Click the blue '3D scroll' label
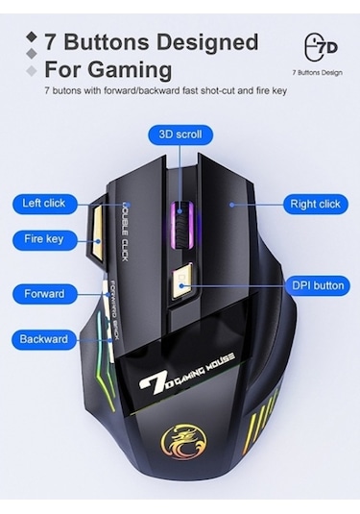[x=180, y=135]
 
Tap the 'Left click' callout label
[x=44, y=204]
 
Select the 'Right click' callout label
[x=316, y=204]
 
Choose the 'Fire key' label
[x=44, y=238]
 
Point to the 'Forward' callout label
[x=44, y=293]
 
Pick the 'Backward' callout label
[x=44, y=339]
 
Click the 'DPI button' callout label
[x=316, y=285]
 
